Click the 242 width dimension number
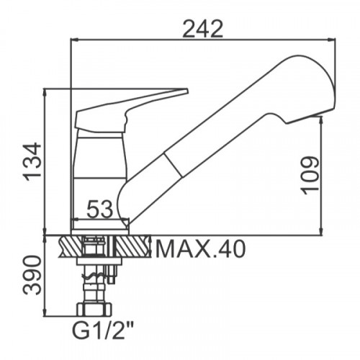pyautogui.click(x=203, y=29)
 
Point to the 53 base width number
pyautogui.click(x=99, y=209)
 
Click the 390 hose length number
pyautogui.click(x=32, y=275)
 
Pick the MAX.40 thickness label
pyautogui.click(x=200, y=249)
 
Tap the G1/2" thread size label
pyautogui.click(x=103, y=330)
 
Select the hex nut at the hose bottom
pyautogui.click(x=94, y=309)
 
